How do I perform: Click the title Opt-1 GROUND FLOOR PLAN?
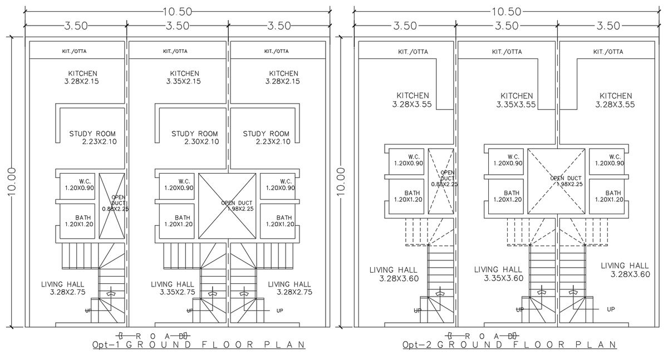(198, 345)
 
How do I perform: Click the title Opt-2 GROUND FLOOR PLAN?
(509, 345)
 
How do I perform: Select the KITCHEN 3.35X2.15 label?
(184, 77)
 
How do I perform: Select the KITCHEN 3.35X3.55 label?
(516, 100)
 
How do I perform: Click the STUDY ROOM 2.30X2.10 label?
(194, 137)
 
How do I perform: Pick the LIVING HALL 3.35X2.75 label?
(173, 288)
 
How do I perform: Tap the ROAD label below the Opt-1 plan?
(153, 336)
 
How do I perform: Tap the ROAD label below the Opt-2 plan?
(482, 336)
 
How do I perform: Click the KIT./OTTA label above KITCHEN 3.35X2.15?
(175, 51)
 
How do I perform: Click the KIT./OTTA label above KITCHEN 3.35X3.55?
(507, 51)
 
